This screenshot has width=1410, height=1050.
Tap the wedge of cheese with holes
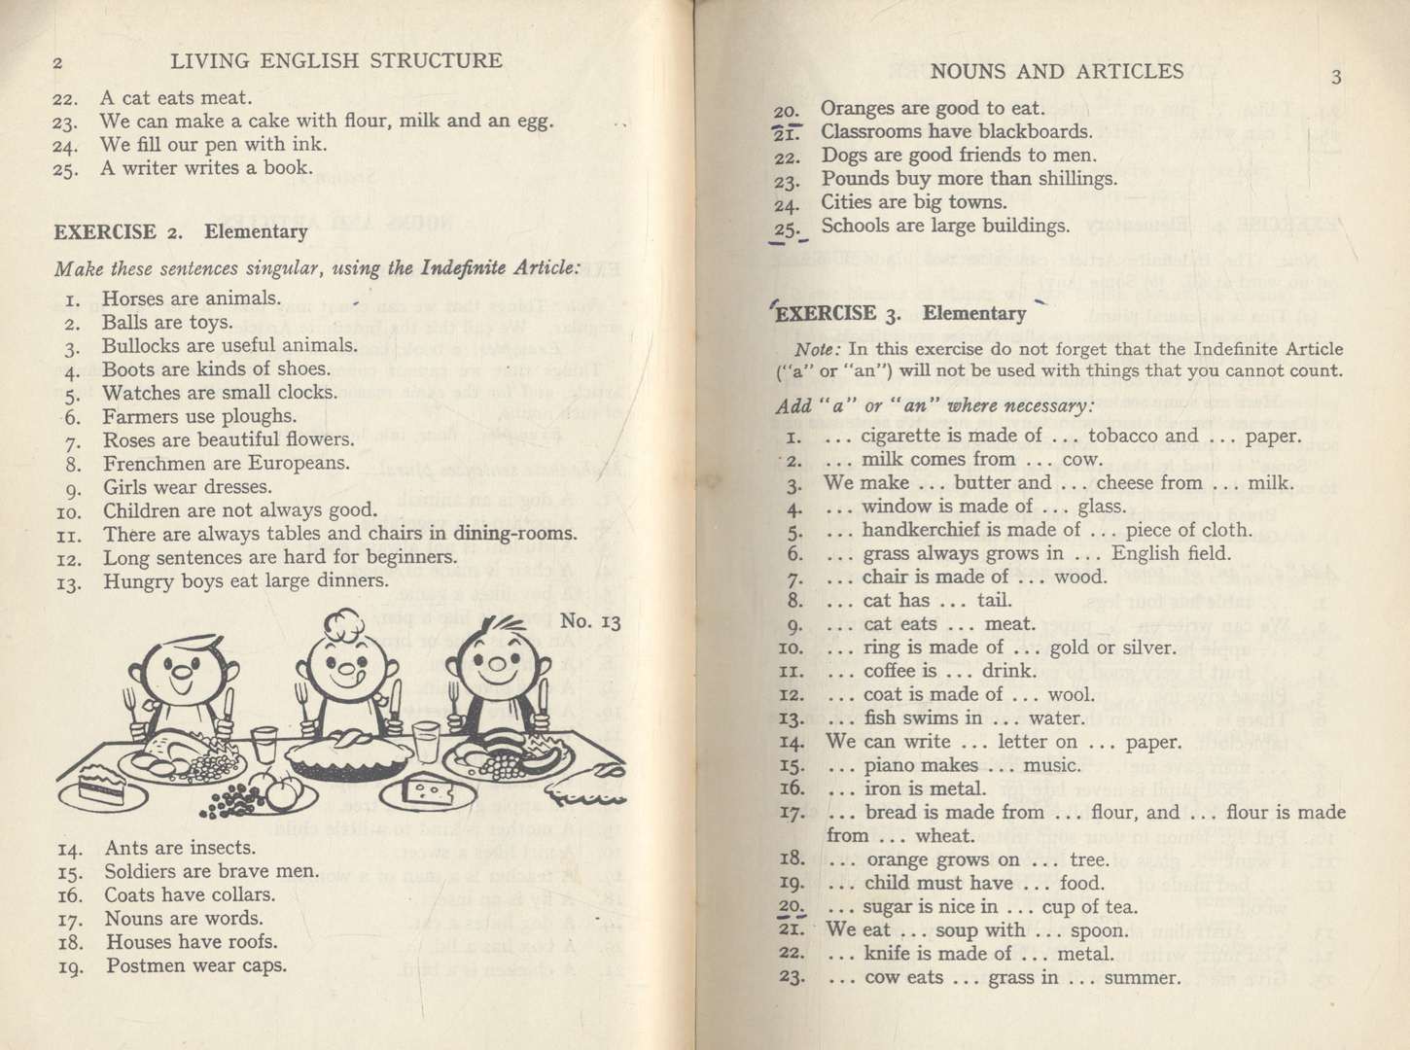tap(428, 789)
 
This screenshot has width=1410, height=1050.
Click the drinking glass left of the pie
tap(264, 744)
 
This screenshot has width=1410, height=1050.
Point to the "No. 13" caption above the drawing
tap(591, 621)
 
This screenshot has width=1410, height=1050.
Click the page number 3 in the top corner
tap(1336, 78)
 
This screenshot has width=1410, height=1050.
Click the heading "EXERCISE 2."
tap(119, 232)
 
